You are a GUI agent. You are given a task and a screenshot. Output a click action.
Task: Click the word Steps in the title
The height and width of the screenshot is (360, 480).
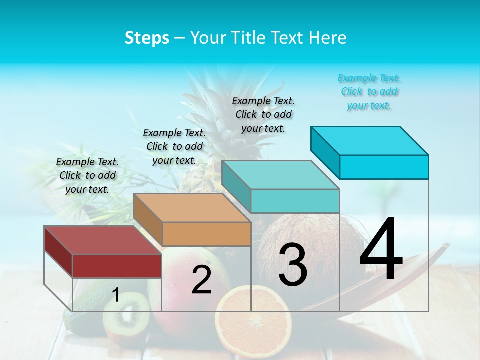147,38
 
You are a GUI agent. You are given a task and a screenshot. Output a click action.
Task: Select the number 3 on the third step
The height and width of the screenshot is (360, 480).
293,265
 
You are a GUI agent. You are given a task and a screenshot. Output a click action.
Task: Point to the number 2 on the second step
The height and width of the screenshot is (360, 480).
201,280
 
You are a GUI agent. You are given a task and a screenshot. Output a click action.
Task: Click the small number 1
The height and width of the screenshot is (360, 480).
116,295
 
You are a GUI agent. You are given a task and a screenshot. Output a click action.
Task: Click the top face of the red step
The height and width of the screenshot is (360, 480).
102,240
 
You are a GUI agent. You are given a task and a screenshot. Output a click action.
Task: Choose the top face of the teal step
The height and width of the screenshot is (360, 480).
280,175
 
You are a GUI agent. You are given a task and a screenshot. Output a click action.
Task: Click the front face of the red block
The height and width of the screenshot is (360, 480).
117,266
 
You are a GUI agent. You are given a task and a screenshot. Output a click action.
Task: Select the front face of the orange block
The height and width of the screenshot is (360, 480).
206,234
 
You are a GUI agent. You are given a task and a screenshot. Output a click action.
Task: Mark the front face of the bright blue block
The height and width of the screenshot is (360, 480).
384,167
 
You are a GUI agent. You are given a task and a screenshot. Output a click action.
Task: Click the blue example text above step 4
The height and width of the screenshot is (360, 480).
369,91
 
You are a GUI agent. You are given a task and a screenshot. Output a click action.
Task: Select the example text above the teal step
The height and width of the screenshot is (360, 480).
263,114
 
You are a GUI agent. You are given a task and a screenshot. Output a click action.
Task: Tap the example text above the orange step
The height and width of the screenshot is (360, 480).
174,146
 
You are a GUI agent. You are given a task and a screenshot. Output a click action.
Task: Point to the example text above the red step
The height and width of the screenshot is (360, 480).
87,175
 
